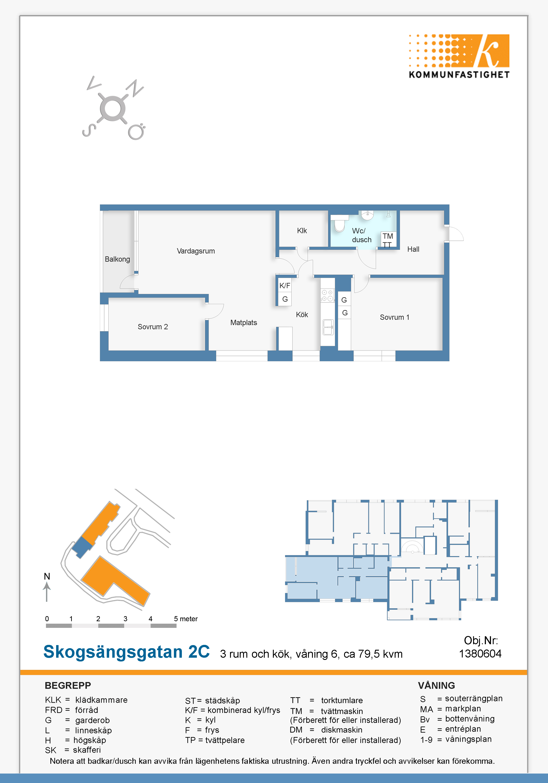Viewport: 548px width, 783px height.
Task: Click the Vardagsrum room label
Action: pyautogui.click(x=196, y=251)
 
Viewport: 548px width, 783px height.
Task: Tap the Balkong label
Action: pyautogui.click(x=117, y=259)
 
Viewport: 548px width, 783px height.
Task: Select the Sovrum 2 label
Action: pyautogui.click(x=153, y=327)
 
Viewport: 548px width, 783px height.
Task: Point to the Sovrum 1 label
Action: pyautogui.click(x=395, y=317)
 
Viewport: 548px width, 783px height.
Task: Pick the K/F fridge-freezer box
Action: pyautogui.click(x=285, y=286)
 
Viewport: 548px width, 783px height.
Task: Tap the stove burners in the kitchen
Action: pyautogui.click(x=327, y=295)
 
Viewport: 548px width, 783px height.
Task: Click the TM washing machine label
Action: pyautogui.click(x=388, y=236)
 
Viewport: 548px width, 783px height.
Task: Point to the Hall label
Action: pyautogui.click(x=413, y=249)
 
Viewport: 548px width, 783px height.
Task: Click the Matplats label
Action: pyautogui.click(x=244, y=323)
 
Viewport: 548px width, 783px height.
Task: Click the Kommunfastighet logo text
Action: pyautogui.click(x=459, y=75)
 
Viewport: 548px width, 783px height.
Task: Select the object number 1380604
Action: pyautogui.click(x=480, y=654)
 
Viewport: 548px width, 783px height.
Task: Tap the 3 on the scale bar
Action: pyautogui.click(x=126, y=619)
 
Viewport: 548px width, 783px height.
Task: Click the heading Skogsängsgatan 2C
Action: pyautogui.click(x=127, y=652)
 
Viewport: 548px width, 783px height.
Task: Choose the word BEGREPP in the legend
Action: pyautogui.click(x=68, y=686)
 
